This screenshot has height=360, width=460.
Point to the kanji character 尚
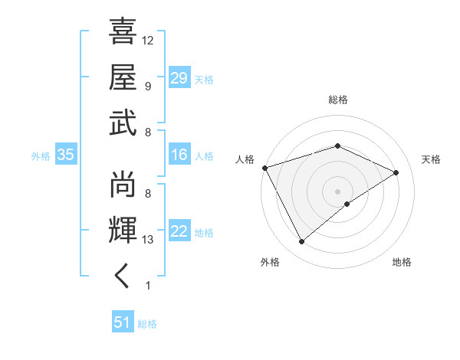tap(123, 183)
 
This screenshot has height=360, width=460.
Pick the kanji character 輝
tap(123, 229)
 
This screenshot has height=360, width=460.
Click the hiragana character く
tap(123, 275)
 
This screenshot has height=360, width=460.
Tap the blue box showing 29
tap(179, 78)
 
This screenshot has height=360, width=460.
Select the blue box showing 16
tap(179, 155)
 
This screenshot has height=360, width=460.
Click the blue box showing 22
tap(179, 232)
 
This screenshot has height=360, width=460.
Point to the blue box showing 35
tap(65, 155)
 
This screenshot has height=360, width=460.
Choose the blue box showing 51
tap(123, 322)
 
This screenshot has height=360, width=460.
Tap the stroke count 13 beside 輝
tap(148, 240)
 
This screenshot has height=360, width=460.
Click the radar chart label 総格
tap(337, 100)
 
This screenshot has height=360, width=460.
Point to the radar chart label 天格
tap(431, 159)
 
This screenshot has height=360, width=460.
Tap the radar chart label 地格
tap(402, 262)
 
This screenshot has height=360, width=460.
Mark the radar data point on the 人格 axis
tap(264, 168)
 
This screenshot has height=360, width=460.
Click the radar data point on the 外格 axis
tap(301, 242)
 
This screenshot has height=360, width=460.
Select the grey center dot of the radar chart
tap(337, 191)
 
